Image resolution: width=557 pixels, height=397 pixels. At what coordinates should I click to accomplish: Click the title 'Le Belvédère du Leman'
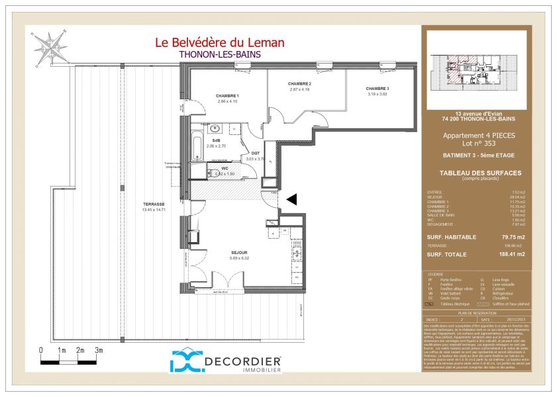coord(219,43)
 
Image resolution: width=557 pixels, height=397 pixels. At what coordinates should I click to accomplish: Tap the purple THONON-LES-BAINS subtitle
coord(220,56)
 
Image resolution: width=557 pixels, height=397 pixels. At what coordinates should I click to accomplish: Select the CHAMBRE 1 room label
coord(227,96)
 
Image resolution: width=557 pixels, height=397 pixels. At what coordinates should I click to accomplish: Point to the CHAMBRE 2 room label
coord(299,83)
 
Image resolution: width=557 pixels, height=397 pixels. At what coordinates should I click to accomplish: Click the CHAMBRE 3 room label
coord(377,89)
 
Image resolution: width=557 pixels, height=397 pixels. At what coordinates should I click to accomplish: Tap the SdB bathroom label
coord(216,141)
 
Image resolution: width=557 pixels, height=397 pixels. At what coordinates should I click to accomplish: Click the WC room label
coord(224,168)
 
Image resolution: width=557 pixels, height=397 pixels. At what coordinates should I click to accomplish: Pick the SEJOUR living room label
coord(239,253)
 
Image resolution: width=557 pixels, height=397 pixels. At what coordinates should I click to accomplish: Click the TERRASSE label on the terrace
coord(152,204)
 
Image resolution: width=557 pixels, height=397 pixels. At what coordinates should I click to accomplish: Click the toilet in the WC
coord(213,173)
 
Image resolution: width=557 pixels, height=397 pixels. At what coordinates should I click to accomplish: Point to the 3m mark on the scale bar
coord(98,350)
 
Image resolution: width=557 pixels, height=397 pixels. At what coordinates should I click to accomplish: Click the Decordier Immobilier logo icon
coord(188,361)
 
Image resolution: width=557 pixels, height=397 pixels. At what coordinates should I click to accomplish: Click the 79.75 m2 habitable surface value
coord(512,237)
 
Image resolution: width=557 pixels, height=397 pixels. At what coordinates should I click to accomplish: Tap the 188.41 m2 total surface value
coord(512,254)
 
